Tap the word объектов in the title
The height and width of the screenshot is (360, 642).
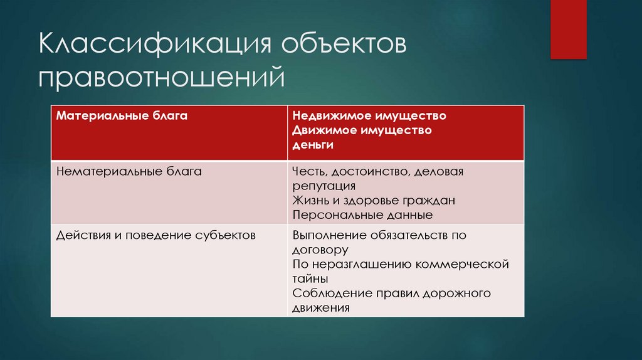[x=344, y=48]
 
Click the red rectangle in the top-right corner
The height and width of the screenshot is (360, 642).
[x=568, y=29]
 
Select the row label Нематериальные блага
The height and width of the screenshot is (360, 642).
[x=129, y=171]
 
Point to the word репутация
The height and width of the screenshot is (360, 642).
[x=324, y=186]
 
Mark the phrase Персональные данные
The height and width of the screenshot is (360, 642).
[x=362, y=215]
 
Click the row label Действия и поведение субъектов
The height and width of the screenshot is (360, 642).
[x=155, y=235]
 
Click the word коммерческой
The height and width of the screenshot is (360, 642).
[x=464, y=264]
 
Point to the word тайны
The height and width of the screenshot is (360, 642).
[x=310, y=278]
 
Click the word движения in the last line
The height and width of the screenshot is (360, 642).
[x=320, y=308]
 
